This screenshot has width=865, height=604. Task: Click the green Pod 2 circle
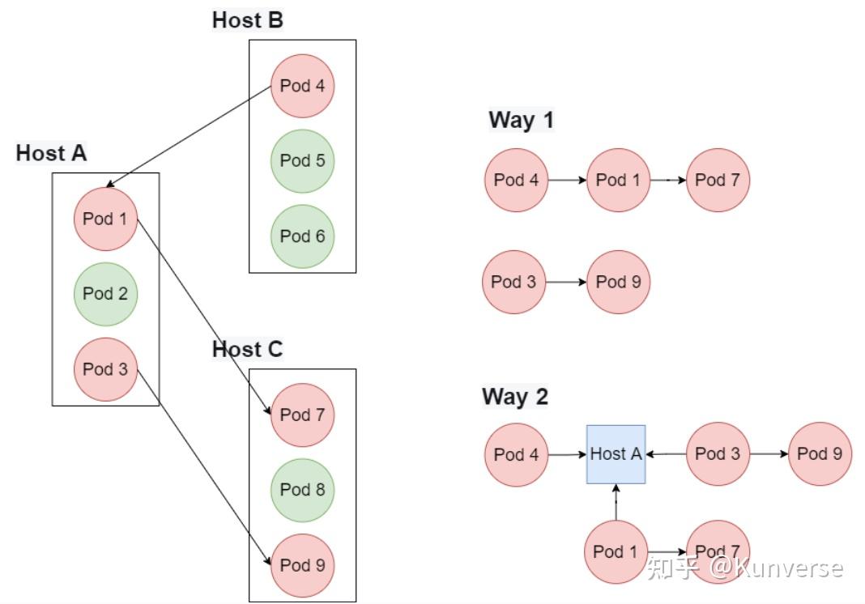point(105,294)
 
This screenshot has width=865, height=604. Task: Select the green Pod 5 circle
point(302,161)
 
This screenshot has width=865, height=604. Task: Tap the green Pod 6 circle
point(302,236)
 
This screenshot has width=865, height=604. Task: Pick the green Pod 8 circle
point(302,490)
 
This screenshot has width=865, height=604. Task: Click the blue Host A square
point(616,454)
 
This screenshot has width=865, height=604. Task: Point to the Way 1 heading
point(521,121)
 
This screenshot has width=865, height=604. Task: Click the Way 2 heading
point(515,397)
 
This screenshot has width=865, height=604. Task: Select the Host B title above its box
point(247,20)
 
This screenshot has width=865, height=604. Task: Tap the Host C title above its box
point(247,350)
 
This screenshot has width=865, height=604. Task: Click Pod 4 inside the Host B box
point(302,86)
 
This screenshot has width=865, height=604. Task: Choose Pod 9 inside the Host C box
point(302,565)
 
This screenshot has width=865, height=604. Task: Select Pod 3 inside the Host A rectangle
point(105,369)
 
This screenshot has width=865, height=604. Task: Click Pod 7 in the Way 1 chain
point(718,180)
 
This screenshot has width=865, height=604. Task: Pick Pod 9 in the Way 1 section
point(618,282)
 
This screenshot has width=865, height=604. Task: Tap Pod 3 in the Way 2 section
point(718,454)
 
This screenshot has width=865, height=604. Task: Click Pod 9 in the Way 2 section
point(820,454)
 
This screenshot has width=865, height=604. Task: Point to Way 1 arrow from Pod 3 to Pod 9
point(566,283)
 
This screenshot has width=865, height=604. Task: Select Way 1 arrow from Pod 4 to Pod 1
point(566,180)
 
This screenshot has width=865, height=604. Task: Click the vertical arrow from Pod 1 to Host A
point(616,502)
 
